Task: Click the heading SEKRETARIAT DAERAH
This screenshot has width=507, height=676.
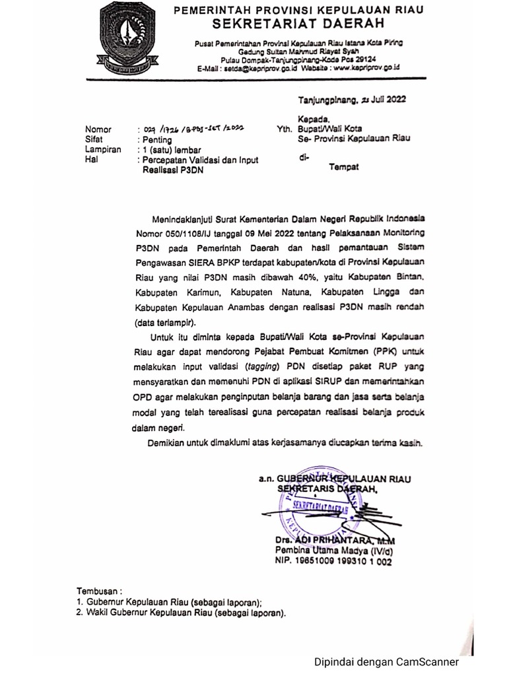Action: tap(297, 24)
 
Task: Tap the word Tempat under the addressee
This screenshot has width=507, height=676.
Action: tap(343, 168)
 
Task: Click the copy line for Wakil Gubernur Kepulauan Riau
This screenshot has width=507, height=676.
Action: tap(182, 613)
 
